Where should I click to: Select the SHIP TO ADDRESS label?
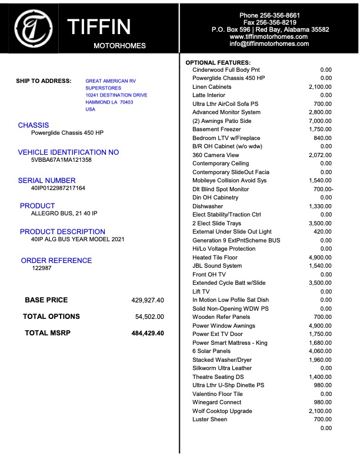point(44,81)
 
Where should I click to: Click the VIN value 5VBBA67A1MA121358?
point(61,159)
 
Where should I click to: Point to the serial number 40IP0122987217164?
point(58,188)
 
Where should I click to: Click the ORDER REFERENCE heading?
point(56,261)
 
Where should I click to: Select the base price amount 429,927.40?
point(148,300)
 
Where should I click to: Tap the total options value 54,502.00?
point(149,317)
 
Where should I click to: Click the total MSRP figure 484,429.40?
point(148,334)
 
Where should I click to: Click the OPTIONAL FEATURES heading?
point(218,62)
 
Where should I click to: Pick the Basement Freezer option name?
point(216,129)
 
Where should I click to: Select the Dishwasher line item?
point(208,207)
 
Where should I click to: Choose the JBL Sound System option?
point(217,266)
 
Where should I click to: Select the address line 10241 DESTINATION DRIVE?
point(116,95)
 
